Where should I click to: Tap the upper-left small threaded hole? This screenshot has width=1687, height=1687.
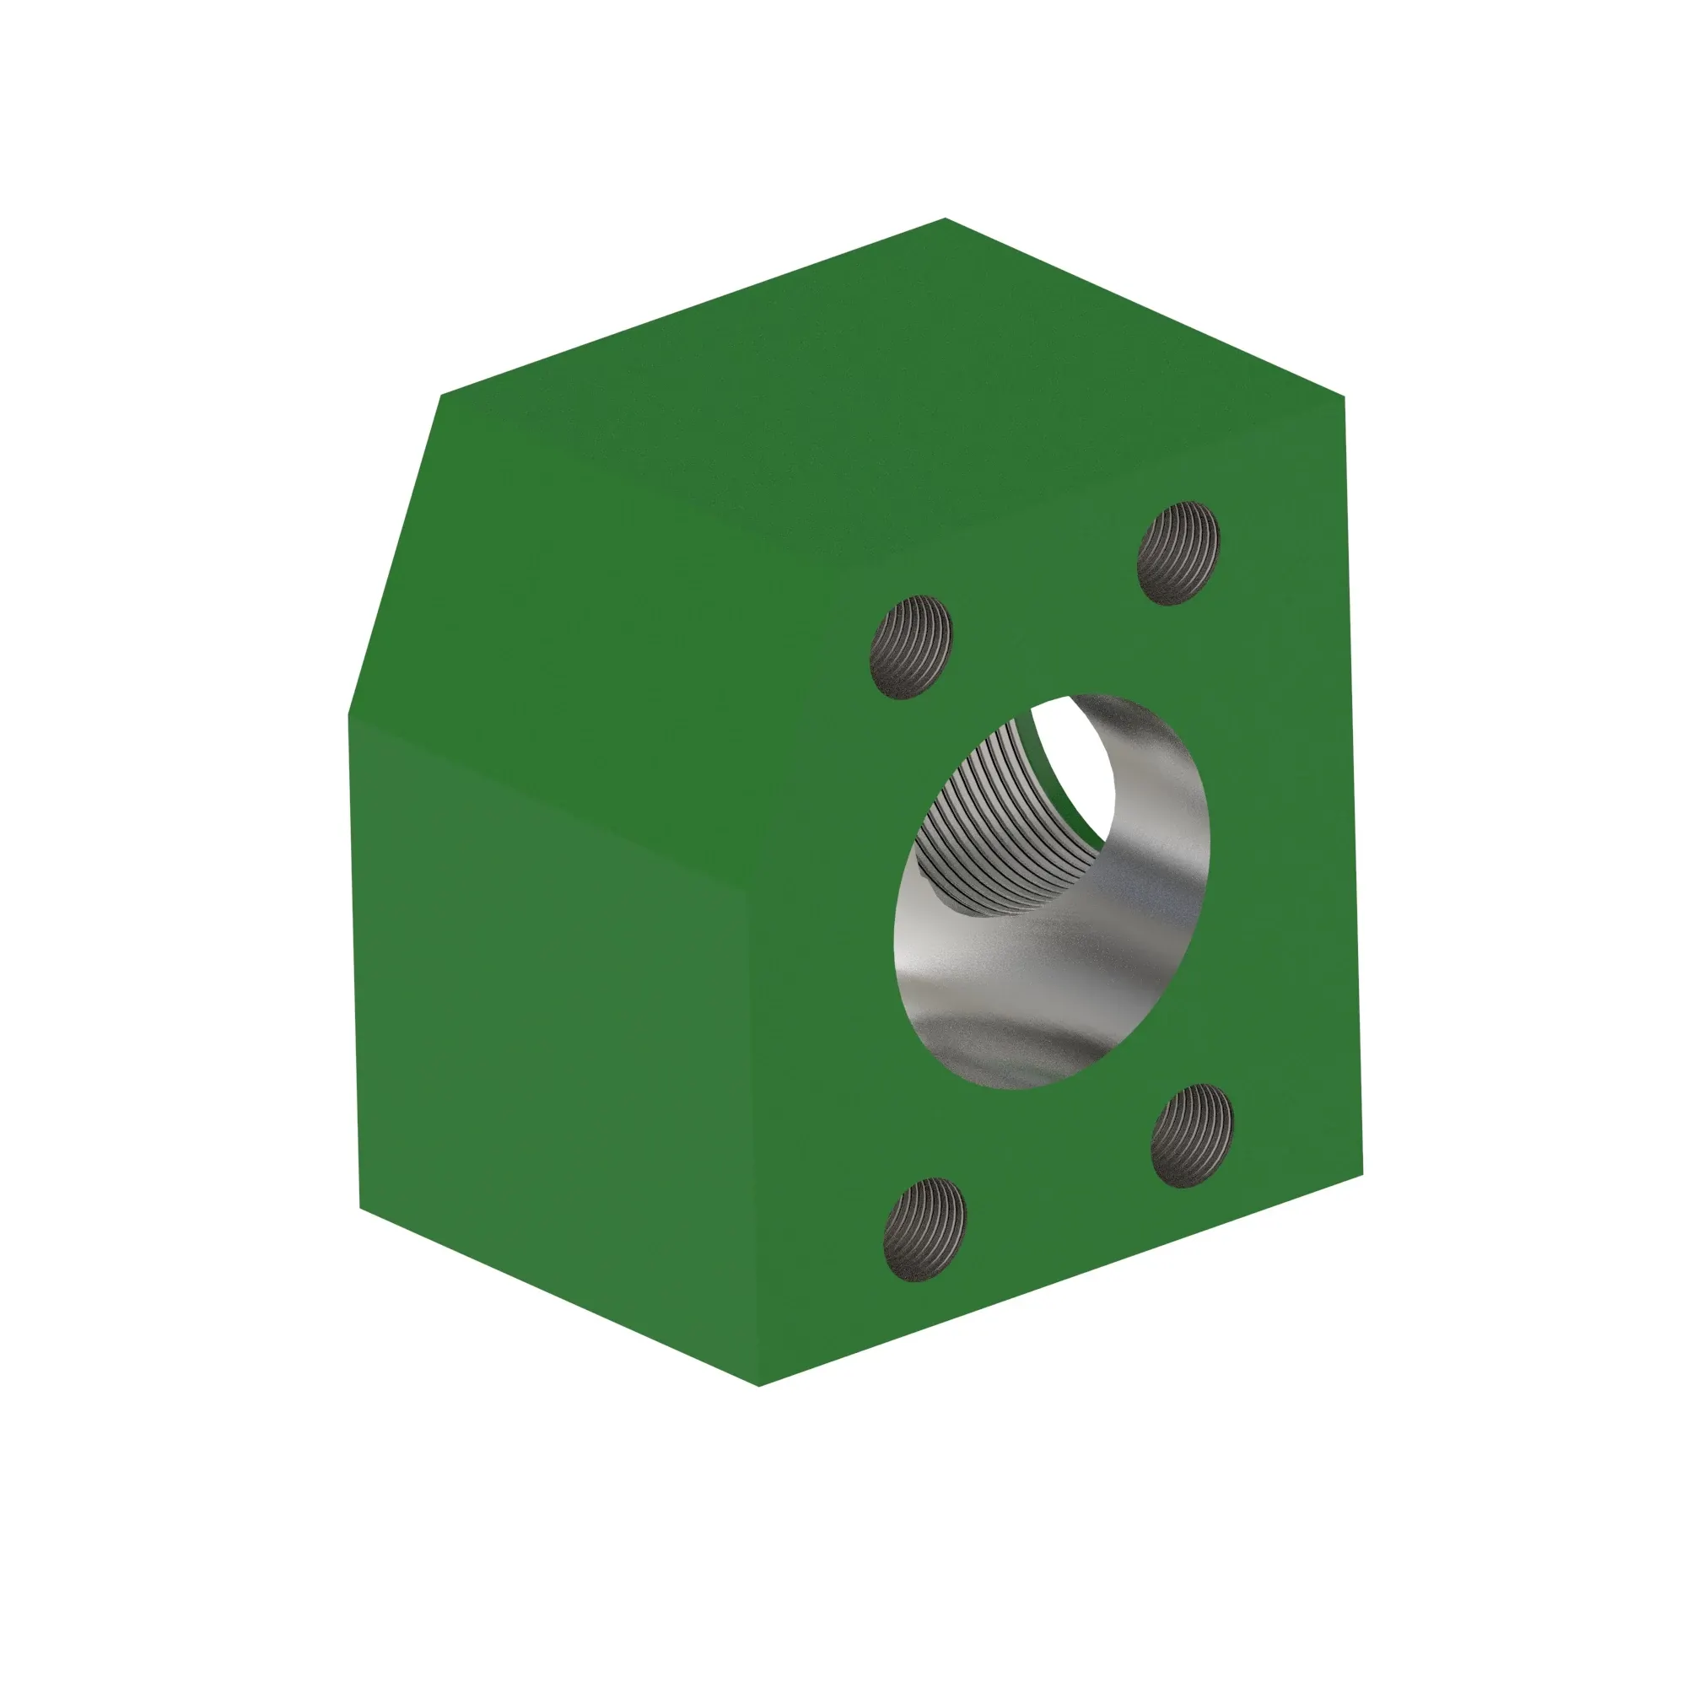[911, 647]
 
